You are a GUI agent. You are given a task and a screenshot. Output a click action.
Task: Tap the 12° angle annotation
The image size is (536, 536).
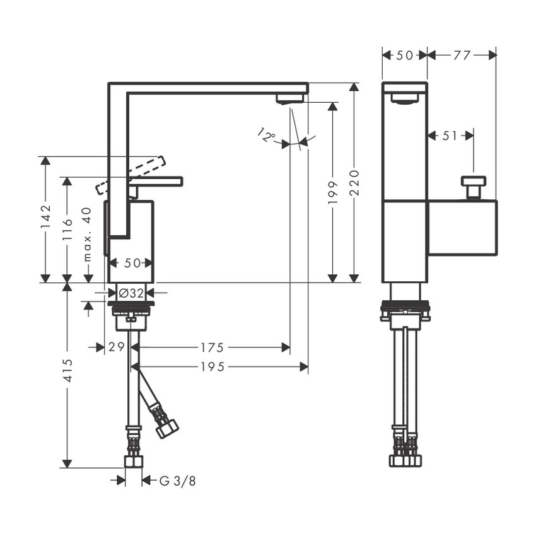[x=267, y=135]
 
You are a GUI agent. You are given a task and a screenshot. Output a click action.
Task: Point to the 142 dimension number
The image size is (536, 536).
[x=45, y=218]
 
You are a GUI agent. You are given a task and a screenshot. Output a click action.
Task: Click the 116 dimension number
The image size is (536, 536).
[x=67, y=230]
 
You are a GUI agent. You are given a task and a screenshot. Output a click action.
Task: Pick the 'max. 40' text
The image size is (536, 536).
[x=88, y=234]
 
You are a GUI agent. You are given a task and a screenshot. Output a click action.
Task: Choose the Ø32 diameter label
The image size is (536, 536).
[x=132, y=293]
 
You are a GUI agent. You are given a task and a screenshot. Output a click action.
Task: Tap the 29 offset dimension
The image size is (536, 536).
[x=115, y=347]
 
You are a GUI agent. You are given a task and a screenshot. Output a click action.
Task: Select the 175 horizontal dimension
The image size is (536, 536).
[x=212, y=347]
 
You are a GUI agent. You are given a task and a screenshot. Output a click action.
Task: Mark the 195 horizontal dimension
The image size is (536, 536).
[x=212, y=366]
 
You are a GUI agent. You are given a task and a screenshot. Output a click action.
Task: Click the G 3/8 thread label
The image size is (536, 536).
[x=177, y=481]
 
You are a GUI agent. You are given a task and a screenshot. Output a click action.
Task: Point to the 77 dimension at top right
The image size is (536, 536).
[x=462, y=55]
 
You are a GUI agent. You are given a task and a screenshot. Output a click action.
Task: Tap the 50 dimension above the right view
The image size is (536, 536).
[x=404, y=55]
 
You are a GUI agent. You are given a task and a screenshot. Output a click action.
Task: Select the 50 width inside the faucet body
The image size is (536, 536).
[x=131, y=263]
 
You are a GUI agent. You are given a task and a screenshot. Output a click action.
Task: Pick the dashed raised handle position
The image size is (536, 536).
[x=133, y=173]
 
